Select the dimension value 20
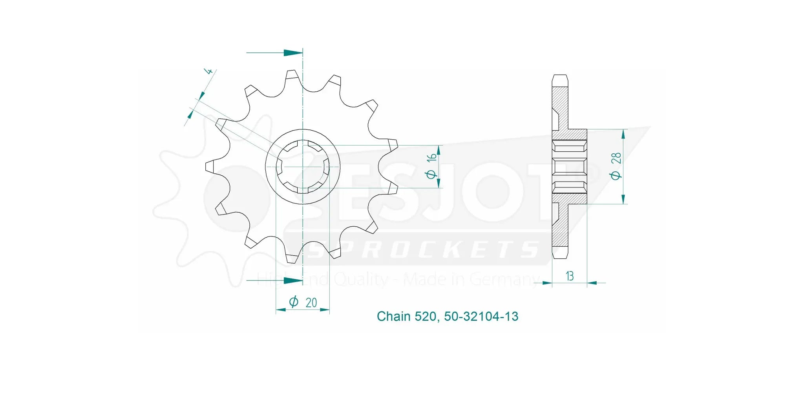coord(311,303)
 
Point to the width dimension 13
coord(570,276)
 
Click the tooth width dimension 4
coord(209,71)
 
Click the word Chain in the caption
coord(394,317)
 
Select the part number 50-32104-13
coord(481,317)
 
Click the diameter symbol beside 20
coord(293,302)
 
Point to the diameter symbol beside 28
coord(616,175)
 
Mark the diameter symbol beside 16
coord(431,174)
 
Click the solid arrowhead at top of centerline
coord(292,53)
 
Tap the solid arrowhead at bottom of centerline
coord(292,280)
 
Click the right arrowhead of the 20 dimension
coord(325,310)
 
